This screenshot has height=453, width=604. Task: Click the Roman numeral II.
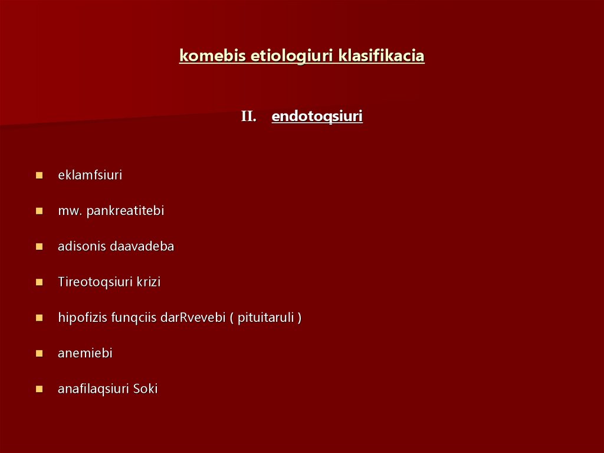pos(248,117)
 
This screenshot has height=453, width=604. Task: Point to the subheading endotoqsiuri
pos(317,116)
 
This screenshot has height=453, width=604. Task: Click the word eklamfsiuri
pos(90,175)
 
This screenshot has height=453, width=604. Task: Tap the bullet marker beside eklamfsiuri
pos(39,175)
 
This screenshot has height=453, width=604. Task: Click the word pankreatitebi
pos(125,211)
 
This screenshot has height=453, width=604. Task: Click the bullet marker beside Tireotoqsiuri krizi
pos(39,282)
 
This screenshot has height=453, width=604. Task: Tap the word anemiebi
pos(85,353)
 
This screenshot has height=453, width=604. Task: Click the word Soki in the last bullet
pos(145,389)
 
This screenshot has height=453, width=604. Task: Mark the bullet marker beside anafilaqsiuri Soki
pos(39,389)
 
